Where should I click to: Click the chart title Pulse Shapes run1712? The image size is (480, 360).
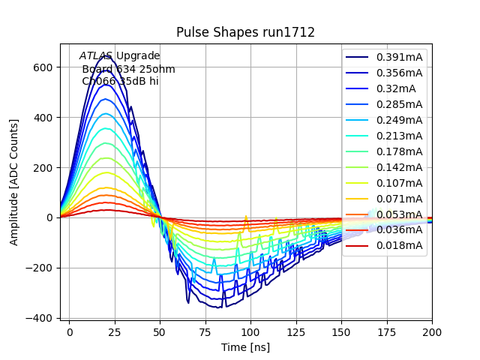(245, 32)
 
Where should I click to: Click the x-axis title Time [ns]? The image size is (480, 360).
(245, 347)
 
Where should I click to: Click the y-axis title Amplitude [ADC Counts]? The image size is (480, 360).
(14, 182)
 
